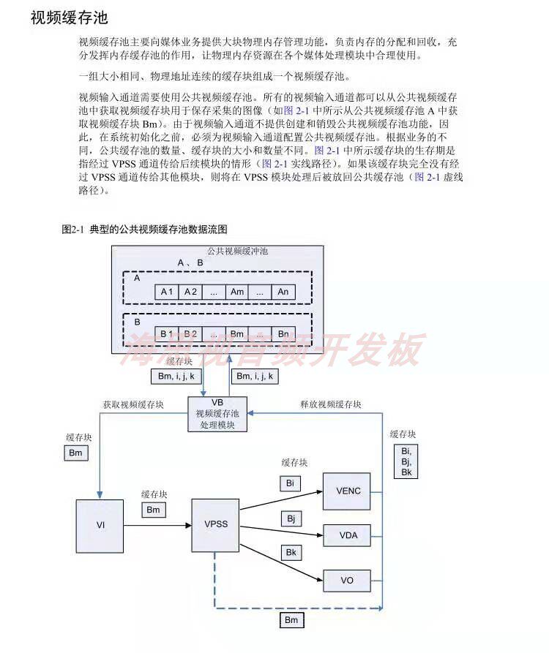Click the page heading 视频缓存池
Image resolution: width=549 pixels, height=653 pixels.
(69, 18)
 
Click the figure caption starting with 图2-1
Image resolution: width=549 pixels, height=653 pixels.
(144, 229)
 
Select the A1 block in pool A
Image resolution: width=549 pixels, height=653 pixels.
(167, 292)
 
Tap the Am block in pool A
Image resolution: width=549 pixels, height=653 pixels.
(237, 292)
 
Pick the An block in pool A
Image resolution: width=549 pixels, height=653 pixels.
(283, 292)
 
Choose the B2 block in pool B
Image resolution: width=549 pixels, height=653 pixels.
(190, 334)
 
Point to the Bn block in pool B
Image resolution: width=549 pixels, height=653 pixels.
(283, 334)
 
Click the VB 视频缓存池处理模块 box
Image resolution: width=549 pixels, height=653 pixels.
(217, 414)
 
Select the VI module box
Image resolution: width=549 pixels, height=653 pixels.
(101, 525)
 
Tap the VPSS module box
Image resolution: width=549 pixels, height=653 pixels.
(216, 525)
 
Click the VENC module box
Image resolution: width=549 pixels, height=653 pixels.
(347, 491)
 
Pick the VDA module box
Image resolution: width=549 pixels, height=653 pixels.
(347, 535)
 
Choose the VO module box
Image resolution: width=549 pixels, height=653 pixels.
(347, 581)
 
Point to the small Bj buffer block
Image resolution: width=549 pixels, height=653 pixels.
(290, 519)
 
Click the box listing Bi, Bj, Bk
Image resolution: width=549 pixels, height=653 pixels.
(406, 461)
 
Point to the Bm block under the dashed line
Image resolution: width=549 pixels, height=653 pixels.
(292, 621)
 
